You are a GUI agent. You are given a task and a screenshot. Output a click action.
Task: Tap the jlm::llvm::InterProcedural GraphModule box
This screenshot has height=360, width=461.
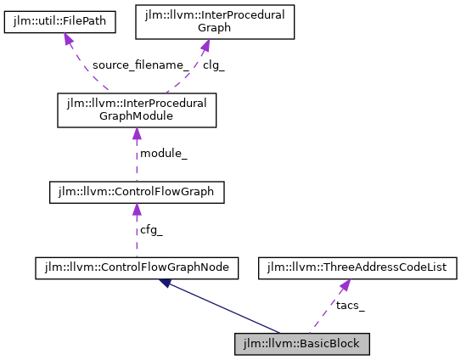pyautogui.click(x=136, y=110)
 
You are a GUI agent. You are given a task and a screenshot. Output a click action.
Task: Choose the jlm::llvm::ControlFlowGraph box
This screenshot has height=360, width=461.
pyautogui.click(x=136, y=194)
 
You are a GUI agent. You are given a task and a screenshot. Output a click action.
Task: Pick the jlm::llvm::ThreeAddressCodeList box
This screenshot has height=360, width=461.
pyautogui.click(x=357, y=268)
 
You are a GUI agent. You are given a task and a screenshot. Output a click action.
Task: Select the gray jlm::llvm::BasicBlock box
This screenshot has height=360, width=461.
pyautogui.click(x=302, y=344)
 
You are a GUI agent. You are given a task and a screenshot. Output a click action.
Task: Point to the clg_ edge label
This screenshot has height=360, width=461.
pyautogui.click(x=213, y=65)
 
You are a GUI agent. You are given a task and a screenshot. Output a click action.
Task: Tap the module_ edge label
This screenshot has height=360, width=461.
pyautogui.click(x=162, y=152)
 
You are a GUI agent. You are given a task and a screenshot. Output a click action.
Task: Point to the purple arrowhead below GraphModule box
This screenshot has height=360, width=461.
pyautogui.click(x=136, y=134)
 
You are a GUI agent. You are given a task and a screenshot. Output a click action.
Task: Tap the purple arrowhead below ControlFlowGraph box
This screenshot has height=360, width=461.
pyautogui.click(x=136, y=210)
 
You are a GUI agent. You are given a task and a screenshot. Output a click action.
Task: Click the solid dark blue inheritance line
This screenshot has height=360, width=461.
pyautogui.click(x=225, y=308)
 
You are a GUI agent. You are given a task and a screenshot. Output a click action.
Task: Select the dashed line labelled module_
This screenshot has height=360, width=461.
pyautogui.click(x=136, y=161)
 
